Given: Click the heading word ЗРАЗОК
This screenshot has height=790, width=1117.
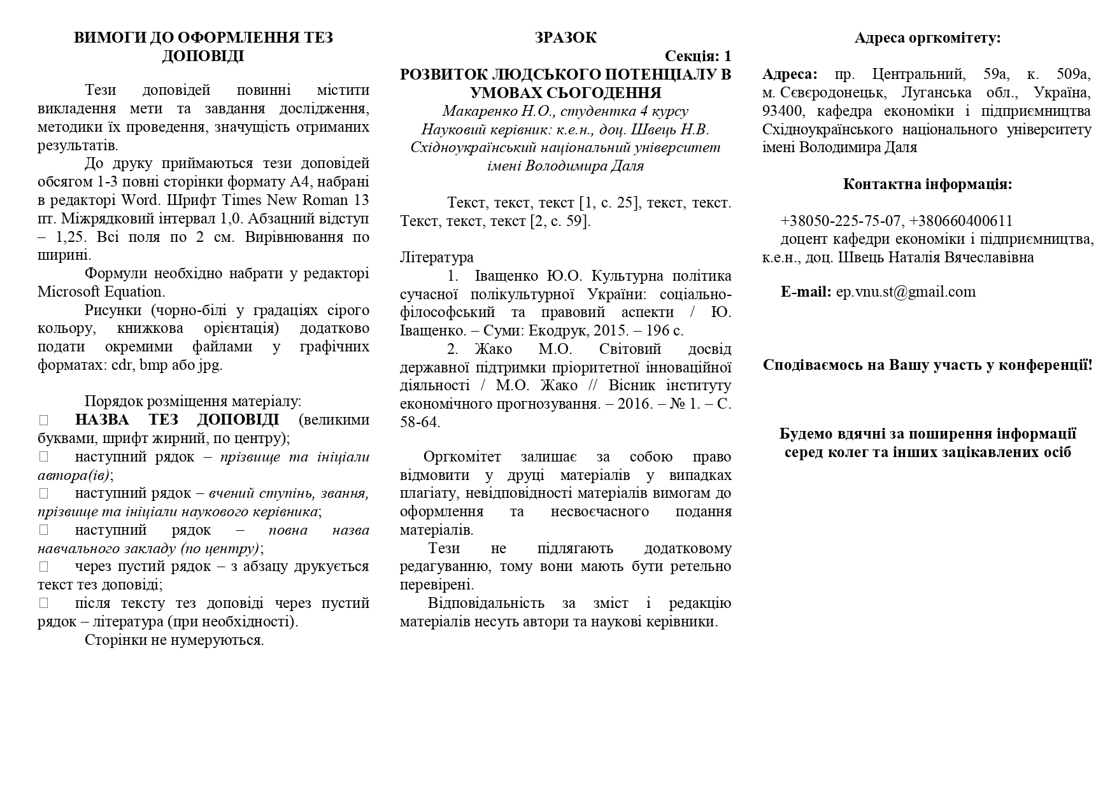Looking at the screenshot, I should click(x=566, y=38).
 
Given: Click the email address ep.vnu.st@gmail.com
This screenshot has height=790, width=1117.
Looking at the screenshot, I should click(x=906, y=292).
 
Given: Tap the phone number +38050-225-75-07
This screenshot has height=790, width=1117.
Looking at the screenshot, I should click(x=841, y=221).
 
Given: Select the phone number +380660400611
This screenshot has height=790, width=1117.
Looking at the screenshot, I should click(x=961, y=221).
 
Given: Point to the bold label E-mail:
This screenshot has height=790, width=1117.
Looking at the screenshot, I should click(x=806, y=292).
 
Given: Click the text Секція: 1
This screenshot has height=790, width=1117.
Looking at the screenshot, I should click(x=698, y=56).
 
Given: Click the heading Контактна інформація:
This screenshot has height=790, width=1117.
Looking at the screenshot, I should click(x=927, y=184).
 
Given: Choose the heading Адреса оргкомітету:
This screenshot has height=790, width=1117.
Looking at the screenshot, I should click(x=927, y=38).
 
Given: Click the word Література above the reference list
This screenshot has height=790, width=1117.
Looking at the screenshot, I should click(x=437, y=257).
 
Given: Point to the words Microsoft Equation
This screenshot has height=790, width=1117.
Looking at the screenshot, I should click(x=101, y=292).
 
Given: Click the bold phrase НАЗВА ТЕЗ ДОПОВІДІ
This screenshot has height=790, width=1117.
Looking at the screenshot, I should click(x=177, y=420).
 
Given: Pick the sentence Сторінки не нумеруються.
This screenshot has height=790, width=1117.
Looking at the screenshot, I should click(x=174, y=640).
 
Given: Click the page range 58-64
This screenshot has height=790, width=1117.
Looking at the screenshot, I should click(x=420, y=422).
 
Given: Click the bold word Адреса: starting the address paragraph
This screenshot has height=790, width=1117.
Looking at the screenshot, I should click(x=790, y=74).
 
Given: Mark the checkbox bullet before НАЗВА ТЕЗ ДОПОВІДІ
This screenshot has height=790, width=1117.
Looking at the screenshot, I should click(x=44, y=420).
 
